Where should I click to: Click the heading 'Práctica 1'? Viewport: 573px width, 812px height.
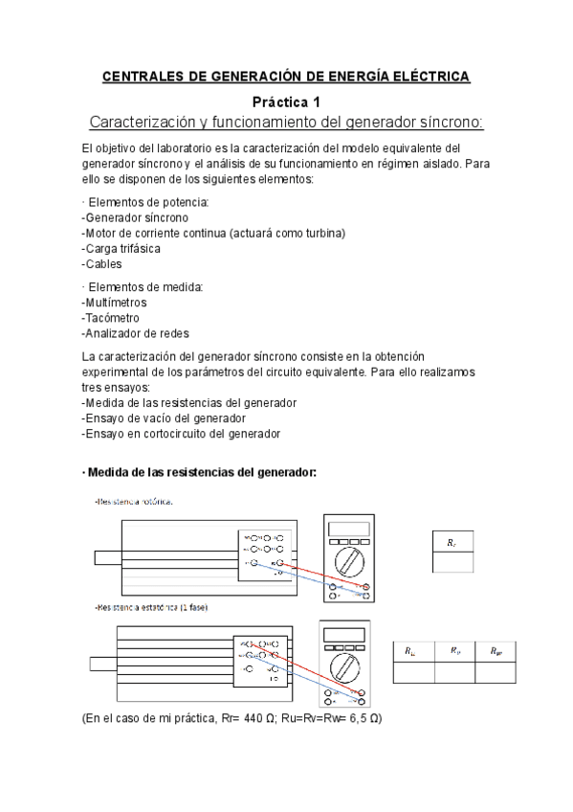coord(286,101)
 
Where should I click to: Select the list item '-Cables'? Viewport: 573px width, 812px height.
coord(102,263)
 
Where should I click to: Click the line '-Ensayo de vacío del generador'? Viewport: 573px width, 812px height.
coord(164,417)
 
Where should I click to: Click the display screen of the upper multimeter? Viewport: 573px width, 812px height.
coord(347,527)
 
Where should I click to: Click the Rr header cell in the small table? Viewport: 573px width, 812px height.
coord(452,542)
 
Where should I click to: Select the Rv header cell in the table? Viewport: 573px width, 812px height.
coord(454,651)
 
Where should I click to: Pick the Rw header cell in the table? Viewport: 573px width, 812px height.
coord(495,651)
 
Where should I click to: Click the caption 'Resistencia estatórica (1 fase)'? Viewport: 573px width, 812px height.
coord(150,607)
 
